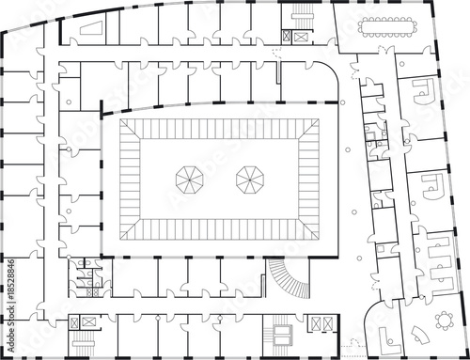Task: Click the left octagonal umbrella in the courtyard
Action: pos(190,180)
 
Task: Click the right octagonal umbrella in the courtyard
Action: pos(250,180)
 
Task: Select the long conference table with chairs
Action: pos(387,27)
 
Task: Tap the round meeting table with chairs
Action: pos(445,321)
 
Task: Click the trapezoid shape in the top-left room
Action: pos(92,28)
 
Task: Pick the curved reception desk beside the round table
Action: pos(420,335)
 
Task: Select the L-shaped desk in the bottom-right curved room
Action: pos(389,342)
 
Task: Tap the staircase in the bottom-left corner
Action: pos(83,343)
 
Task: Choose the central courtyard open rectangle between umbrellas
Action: pos(219,180)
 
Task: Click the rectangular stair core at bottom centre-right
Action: pos(282,336)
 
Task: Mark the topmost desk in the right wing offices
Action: pos(424,91)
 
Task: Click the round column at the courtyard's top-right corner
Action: pos(342,102)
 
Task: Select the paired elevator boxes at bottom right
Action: pos(322,323)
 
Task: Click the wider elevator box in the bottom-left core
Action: pos(89,322)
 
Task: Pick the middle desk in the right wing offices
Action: pos(433,187)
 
